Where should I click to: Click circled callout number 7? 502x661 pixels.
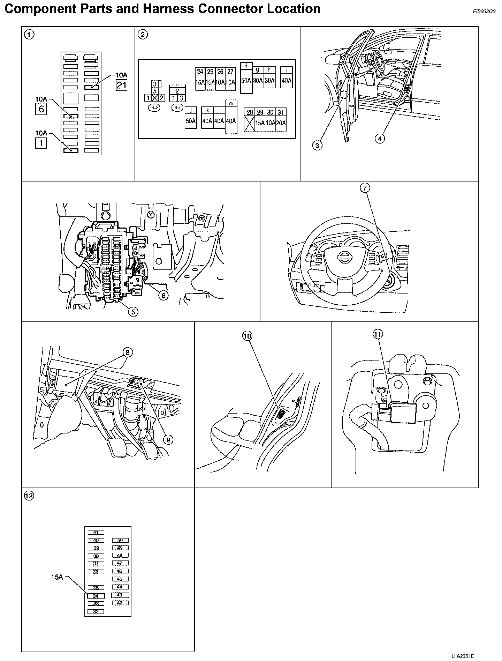coord(364,188)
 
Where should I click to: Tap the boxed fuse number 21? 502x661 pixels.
coord(122,85)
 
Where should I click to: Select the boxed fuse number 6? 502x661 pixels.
coord(41,109)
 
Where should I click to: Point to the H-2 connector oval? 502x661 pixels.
coord(154,108)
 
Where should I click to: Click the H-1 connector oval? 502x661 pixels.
coord(177,108)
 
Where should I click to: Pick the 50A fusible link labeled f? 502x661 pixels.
coord(246,77)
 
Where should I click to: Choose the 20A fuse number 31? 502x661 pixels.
coord(281,119)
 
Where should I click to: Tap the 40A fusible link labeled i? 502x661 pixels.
coord(286,77)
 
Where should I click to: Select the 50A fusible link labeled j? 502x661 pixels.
coord(190,118)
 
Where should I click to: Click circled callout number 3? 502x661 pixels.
coord(317,146)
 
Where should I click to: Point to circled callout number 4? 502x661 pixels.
coord(380,139)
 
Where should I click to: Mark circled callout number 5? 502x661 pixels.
coord(133,311)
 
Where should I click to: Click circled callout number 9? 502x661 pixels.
coord(168,440)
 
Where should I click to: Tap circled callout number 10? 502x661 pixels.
coord(247,336)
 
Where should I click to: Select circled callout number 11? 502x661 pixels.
coord(378,334)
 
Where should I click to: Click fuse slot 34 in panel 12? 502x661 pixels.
coord(96,596)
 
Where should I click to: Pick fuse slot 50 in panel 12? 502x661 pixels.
coord(120,540)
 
